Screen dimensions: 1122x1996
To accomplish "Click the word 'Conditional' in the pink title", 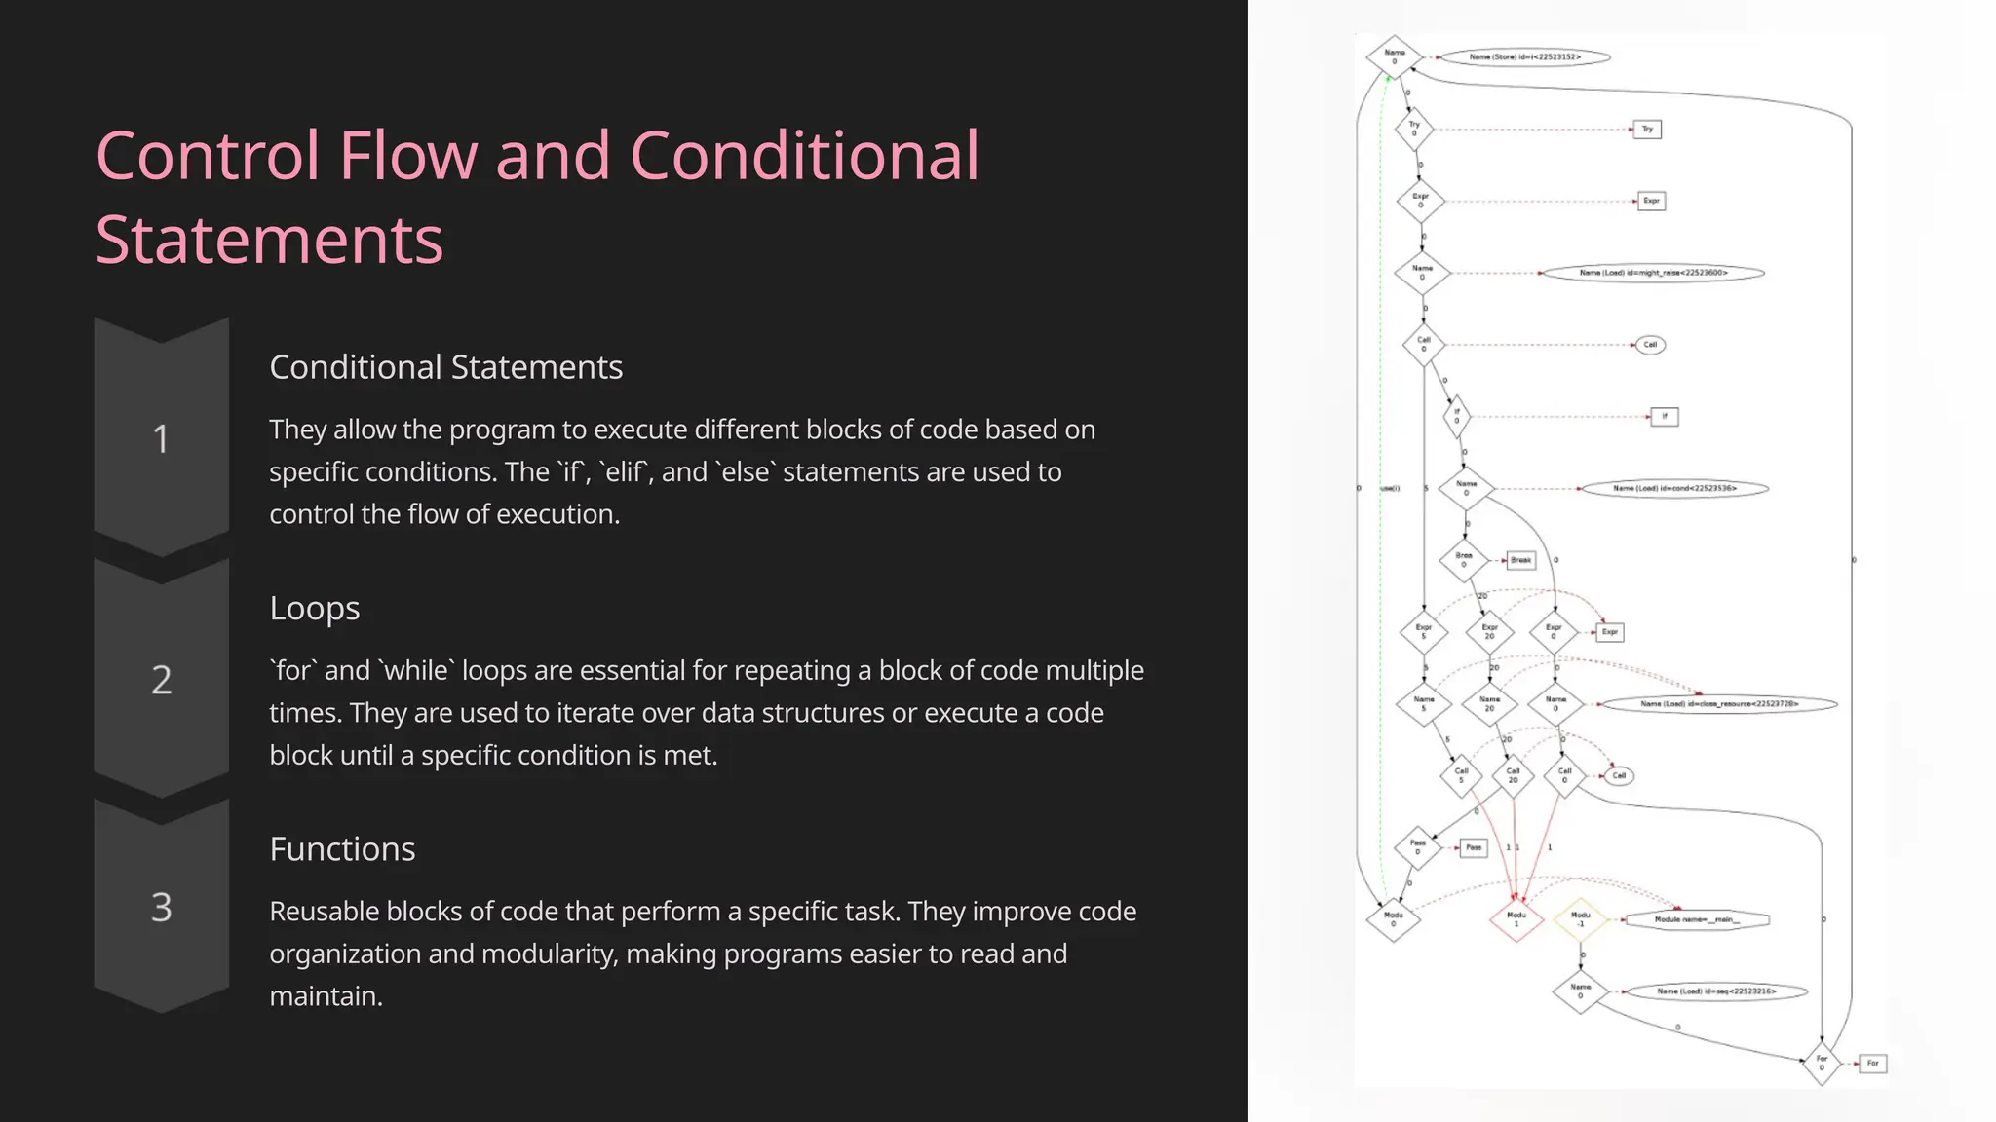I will click(804, 156).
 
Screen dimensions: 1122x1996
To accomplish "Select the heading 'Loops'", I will click(314, 608).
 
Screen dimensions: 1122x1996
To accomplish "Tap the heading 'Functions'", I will click(342, 848).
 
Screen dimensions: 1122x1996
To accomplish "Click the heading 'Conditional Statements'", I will click(445, 367).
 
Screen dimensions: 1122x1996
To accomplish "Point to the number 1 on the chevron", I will click(161, 439).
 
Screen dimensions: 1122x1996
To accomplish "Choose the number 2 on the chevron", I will click(161, 680).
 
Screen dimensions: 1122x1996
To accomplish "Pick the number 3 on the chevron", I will click(161, 908).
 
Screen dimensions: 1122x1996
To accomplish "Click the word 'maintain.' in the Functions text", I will click(326, 995).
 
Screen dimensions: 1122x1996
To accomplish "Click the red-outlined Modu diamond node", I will click(1516, 918).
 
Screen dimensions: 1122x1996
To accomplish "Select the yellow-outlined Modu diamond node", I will click(1580, 918).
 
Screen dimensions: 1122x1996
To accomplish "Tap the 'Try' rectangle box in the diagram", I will click(1647, 129).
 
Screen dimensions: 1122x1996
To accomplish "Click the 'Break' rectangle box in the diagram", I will click(1520, 560).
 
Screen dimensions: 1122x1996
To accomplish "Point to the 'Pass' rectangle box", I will click(1474, 847).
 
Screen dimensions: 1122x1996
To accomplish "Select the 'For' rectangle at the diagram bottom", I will click(1872, 1063).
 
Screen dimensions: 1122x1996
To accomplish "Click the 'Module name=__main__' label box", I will click(1697, 919).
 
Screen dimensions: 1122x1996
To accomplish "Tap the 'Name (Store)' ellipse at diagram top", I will click(1524, 57).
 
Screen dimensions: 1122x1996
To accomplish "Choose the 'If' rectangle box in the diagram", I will click(1664, 417).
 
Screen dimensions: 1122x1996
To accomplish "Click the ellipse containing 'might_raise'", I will click(1653, 273).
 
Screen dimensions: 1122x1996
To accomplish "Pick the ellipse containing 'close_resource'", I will click(1719, 703).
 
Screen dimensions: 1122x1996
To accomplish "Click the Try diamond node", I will click(1414, 129).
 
